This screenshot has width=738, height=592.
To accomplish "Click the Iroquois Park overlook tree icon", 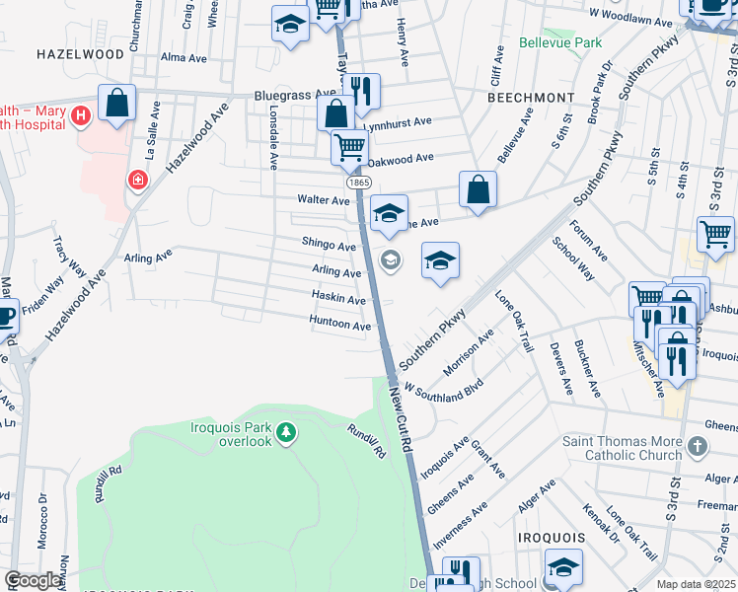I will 286,432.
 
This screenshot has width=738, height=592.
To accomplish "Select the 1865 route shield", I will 357,184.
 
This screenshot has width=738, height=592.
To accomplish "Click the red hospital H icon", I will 82,115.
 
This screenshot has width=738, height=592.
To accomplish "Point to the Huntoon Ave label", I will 340,326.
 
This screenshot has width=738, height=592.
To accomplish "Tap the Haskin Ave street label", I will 339,299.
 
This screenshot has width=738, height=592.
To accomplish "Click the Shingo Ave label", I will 329,245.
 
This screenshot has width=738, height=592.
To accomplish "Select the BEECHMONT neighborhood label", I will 531,98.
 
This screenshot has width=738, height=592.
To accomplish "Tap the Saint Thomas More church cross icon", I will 698,447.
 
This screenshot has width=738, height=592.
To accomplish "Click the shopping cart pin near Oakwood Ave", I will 349,148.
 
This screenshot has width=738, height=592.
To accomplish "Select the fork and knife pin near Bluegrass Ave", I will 362,92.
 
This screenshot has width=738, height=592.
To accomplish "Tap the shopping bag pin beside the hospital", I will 116,103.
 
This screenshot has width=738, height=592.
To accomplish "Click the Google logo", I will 33,580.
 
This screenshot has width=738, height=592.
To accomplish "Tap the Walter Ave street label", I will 325,199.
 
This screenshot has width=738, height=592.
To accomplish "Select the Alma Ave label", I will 184,58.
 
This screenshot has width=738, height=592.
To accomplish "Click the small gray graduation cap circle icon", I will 391,260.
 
